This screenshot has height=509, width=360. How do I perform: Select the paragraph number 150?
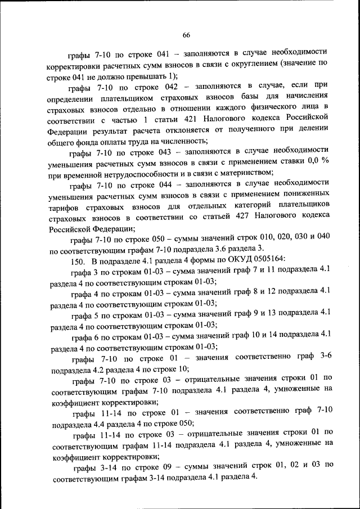pos(78,259)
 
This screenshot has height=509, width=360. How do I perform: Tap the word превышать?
pos(144,75)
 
